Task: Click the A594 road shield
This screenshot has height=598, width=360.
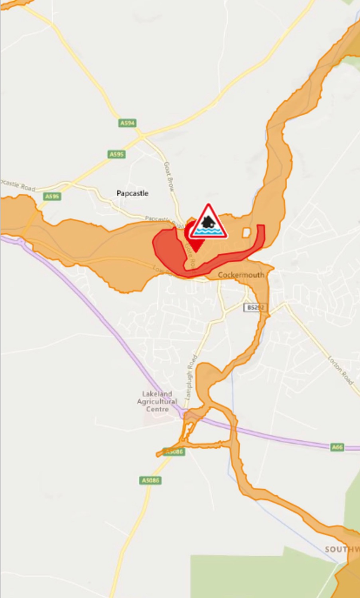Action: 127,123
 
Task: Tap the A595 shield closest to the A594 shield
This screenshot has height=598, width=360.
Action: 117,154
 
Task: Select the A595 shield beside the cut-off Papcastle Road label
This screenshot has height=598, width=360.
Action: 52,196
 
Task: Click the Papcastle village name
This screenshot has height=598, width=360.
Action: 132,193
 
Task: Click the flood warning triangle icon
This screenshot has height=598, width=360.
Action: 208,223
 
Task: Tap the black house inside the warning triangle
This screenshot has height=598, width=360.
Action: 208,222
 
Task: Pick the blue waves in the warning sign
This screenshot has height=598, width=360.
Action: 208,231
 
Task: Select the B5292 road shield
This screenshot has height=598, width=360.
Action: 255,307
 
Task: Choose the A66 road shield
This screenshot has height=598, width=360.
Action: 338,447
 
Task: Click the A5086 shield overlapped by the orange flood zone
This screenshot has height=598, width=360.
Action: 174,451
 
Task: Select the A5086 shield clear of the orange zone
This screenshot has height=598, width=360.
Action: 151,480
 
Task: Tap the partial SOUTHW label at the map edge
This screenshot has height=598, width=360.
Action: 342,549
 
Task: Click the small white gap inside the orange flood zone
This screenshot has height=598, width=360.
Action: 246,232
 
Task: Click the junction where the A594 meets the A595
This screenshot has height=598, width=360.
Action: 142,137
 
